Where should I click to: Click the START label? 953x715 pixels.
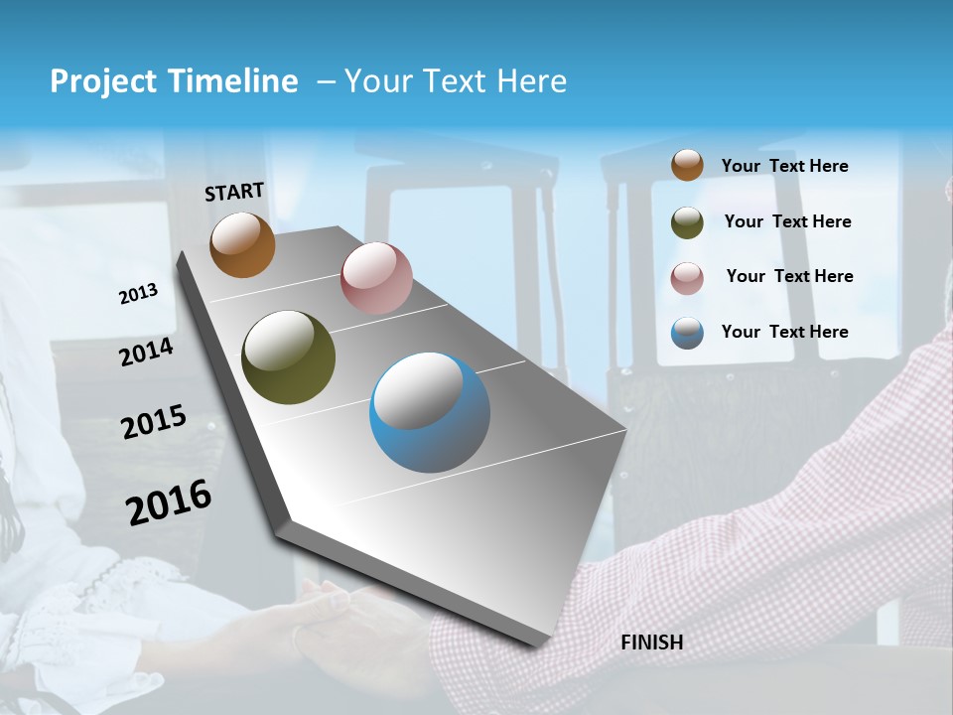[234, 192]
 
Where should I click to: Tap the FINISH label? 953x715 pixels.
[651, 643]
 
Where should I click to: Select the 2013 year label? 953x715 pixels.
[139, 294]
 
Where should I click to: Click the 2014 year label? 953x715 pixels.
[147, 352]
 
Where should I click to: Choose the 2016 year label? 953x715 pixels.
[169, 501]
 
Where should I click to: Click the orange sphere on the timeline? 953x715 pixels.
[242, 244]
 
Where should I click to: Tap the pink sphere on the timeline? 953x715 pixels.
[376, 278]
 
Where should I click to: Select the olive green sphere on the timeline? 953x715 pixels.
[288, 357]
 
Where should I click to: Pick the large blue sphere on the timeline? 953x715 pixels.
[429, 412]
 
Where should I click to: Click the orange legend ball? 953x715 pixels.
[687, 165]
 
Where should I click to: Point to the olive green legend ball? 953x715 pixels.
[687, 222]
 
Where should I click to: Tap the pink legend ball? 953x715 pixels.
[687, 278]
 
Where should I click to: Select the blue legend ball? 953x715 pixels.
[687, 333]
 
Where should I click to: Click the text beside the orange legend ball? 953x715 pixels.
[784, 166]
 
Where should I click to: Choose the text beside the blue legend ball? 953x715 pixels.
[784, 332]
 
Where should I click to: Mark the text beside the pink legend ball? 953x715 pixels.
[789, 276]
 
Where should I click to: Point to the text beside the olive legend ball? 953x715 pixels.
[787, 221]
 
